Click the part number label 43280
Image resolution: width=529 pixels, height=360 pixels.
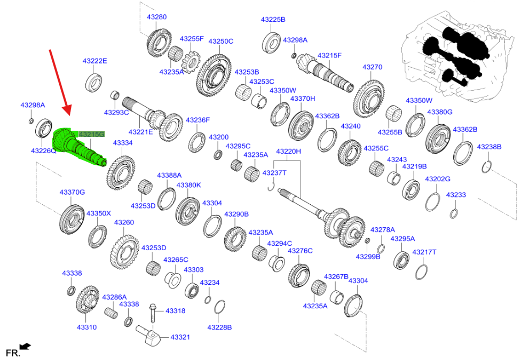[156, 17]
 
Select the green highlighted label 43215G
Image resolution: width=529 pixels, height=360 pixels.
[91, 134]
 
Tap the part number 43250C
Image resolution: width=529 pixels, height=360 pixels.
[220, 41]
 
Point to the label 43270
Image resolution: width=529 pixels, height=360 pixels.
[372, 67]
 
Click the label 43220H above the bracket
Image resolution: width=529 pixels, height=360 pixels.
[288, 151]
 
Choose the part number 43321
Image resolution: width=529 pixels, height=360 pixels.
[180, 337]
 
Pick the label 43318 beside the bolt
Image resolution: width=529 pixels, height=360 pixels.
[175, 310]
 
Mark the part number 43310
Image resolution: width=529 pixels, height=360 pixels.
[86, 327]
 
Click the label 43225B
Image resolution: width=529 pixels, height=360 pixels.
[273, 19]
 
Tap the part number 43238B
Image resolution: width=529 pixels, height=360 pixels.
[489, 147]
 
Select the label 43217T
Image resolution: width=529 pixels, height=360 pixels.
[425, 252]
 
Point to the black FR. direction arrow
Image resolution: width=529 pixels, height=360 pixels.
[25, 347]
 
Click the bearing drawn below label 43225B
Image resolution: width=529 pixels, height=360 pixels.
[272, 42]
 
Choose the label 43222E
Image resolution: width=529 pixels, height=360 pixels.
[94, 61]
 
